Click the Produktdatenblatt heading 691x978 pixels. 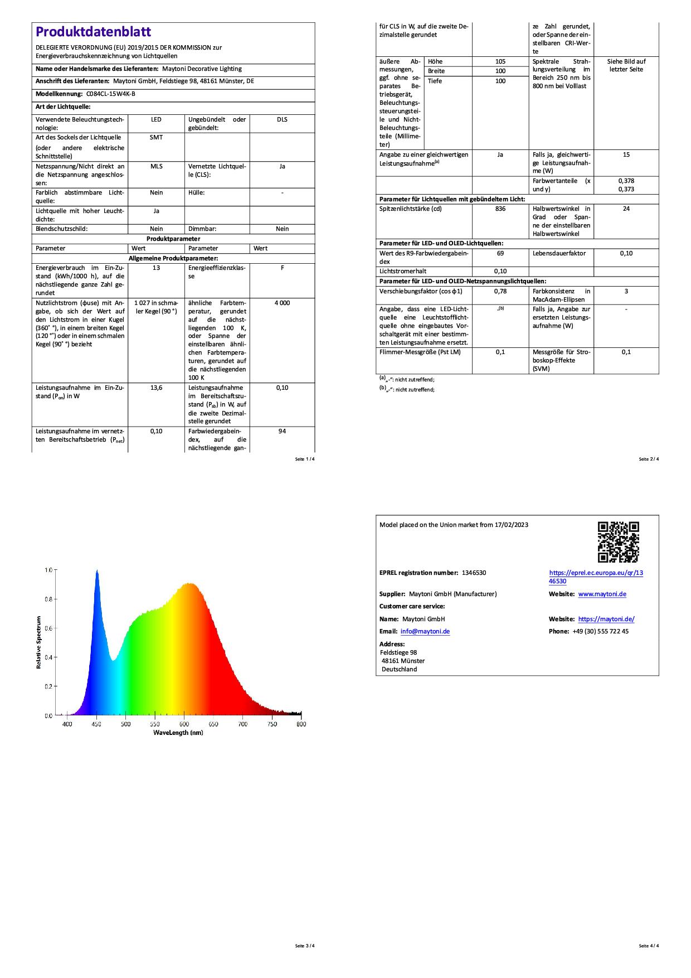pos(93,32)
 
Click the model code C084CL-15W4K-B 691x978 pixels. pos(111,94)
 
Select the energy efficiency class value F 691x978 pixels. pos(282,268)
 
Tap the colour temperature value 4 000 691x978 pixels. pos(282,303)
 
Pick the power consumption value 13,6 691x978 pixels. pos(156,388)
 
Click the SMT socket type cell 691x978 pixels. pos(156,137)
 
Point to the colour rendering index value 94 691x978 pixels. pos(282,431)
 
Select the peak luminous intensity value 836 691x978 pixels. pos(500,209)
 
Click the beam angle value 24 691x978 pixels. pos(626,209)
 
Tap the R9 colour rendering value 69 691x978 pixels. pos(500,253)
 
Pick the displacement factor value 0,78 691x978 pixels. pos(500,291)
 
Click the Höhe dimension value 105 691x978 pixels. pos(500,61)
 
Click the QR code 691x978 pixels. pos(618,542)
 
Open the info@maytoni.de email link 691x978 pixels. pos(425,631)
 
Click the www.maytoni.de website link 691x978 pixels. pos(602,594)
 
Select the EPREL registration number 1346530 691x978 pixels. pos(470,573)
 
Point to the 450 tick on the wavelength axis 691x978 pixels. pos(96,724)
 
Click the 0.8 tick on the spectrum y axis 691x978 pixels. pos(48,599)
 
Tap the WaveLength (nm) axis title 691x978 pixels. pos(178,733)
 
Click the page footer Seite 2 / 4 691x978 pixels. pos(649,459)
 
